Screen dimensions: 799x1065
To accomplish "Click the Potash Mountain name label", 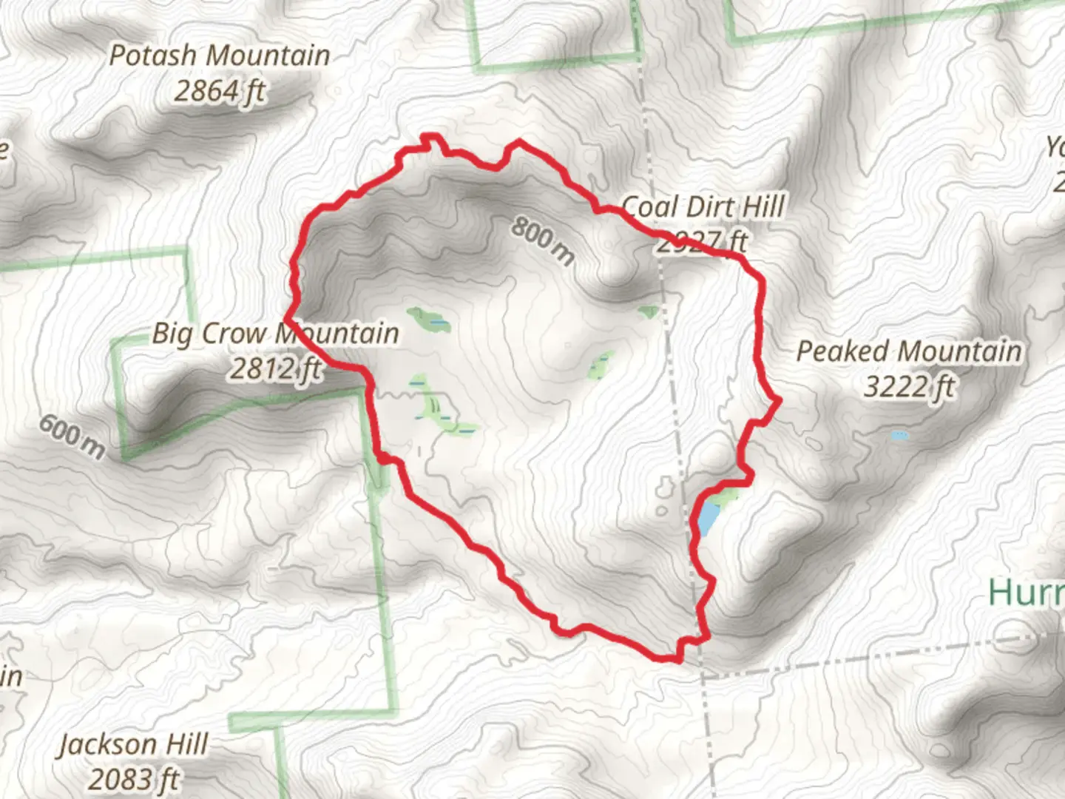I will pyautogui.click(x=220, y=55).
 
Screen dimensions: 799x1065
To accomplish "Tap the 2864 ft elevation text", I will pyautogui.click(x=220, y=92).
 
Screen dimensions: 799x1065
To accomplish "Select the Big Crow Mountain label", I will pyautogui.click(x=275, y=334).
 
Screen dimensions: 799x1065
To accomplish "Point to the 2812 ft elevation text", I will pyautogui.click(x=274, y=368).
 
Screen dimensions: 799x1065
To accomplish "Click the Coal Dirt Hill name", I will pyautogui.click(x=703, y=207).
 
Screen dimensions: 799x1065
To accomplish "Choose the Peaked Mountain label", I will pyautogui.click(x=909, y=351).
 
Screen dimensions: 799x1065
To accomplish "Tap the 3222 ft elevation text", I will pyautogui.click(x=909, y=386).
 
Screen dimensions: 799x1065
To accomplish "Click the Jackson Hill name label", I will pyautogui.click(x=134, y=744).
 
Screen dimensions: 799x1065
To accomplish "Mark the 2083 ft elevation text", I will pyautogui.click(x=134, y=779).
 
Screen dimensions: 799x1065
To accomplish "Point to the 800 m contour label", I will pyautogui.click(x=543, y=241).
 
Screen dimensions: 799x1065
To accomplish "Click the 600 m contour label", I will pyautogui.click(x=72, y=436).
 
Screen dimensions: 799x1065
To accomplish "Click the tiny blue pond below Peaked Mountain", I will pyautogui.click(x=899, y=436).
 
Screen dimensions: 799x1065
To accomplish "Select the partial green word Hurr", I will pyautogui.click(x=1027, y=593).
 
